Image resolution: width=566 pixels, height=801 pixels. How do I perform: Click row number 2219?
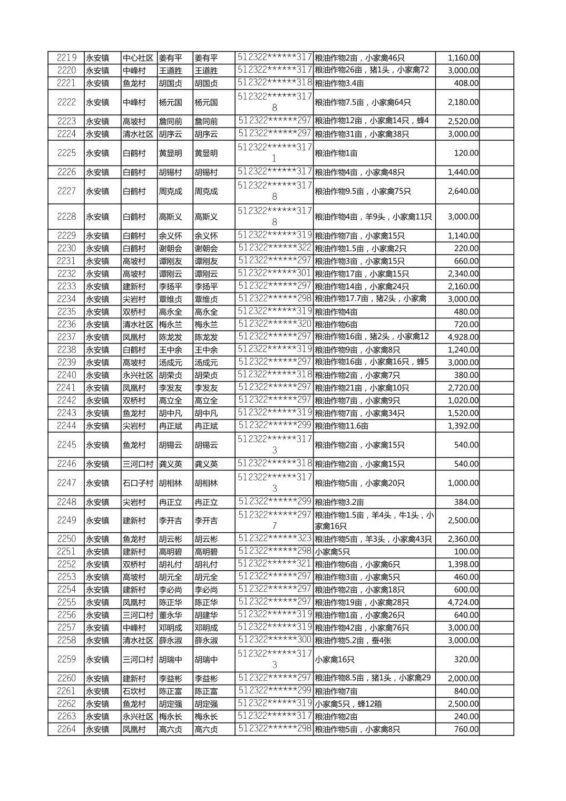(x=66, y=58)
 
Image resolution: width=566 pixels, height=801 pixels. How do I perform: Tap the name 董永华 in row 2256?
(x=170, y=615)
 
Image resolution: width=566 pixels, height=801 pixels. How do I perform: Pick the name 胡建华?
(x=206, y=615)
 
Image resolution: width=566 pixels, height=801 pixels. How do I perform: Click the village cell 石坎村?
(x=134, y=691)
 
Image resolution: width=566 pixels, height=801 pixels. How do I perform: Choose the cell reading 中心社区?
(x=138, y=58)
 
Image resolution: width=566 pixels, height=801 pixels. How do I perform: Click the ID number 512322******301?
(x=274, y=273)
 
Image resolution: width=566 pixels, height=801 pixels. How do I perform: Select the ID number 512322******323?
(x=274, y=538)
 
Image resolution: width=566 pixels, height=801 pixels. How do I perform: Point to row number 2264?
(x=66, y=729)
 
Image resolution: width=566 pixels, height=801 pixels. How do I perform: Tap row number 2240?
(x=66, y=375)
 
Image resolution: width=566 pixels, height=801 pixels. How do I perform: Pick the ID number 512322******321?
(x=274, y=563)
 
